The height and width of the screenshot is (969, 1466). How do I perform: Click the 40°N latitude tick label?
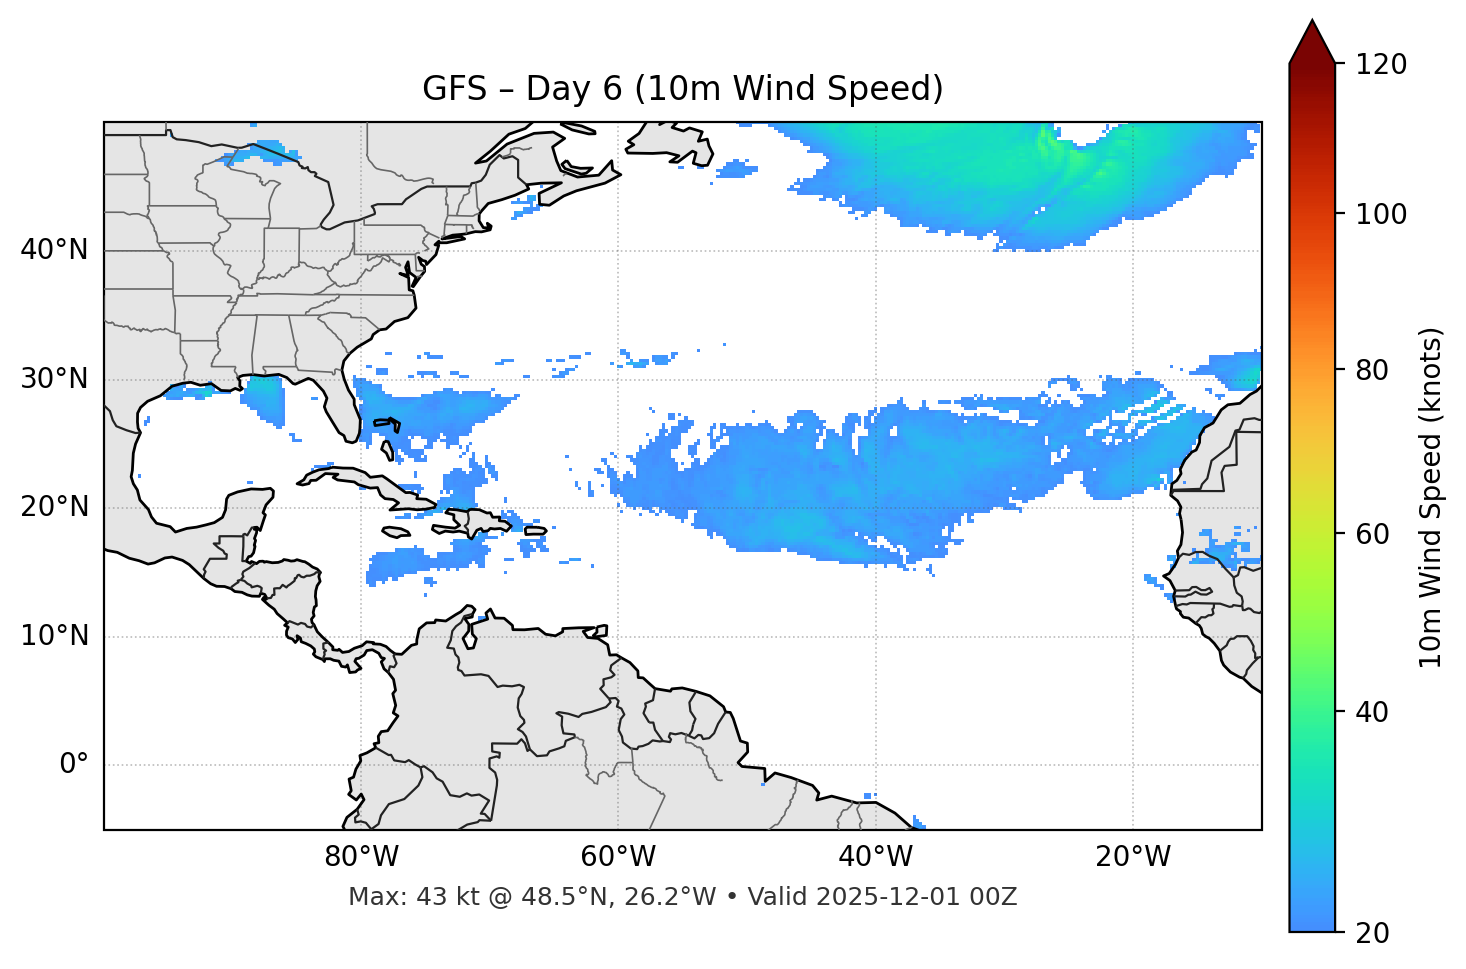tap(54, 250)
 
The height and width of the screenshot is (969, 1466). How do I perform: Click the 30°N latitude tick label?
tap(54, 379)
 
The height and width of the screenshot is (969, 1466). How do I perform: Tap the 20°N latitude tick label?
tap(54, 507)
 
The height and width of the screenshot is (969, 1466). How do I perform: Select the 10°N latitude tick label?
tap(54, 636)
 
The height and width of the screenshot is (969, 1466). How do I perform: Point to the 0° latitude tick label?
tap(74, 765)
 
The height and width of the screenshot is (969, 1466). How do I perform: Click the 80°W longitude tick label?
tap(361, 857)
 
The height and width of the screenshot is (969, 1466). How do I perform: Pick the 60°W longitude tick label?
tap(618, 857)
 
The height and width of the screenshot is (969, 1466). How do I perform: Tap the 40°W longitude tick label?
tap(875, 857)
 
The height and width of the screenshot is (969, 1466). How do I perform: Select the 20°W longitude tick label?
tap(1133, 857)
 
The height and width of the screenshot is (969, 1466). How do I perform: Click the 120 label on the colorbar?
tap(1381, 65)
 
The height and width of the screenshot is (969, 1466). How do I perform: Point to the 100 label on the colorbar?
tap(1381, 214)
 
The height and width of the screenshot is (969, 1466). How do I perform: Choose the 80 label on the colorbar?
tap(1375, 370)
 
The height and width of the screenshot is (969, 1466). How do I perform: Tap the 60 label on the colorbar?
tap(1375, 534)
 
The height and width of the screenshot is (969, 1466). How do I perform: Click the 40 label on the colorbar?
tap(1375, 712)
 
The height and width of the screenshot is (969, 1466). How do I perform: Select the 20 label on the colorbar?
tap(1375, 933)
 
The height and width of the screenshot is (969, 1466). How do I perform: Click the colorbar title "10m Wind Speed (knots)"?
tap(1431, 498)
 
